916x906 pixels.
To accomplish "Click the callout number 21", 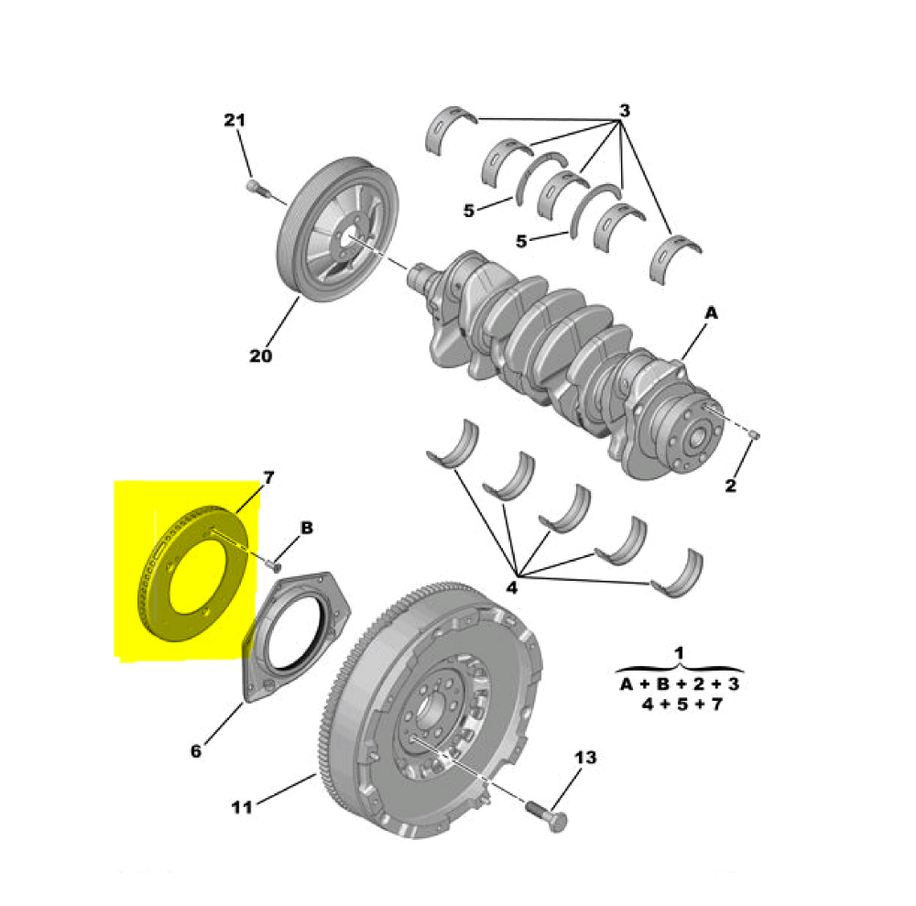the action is pyautogui.click(x=234, y=120).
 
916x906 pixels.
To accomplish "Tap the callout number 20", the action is pyautogui.click(x=260, y=355).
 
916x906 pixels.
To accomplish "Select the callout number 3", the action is pyautogui.click(x=625, y=111).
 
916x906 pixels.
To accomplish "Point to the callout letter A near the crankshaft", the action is pyautogui.click(x=711, y=313).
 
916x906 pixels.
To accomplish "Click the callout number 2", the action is pyautogui.click(x=730, y=486).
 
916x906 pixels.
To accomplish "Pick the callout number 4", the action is pyautogui.click(x=512, y=587).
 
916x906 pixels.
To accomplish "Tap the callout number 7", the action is pyautogui.click(x=268, y=478).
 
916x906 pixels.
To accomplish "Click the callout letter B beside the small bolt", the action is pyautogui.click(x=307, y=528).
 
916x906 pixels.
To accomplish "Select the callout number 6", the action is pyautogui.click(x=196, y=751).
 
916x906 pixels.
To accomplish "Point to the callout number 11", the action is pyautogui.click(x=242, y=807).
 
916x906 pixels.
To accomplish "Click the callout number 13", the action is pyautogui.click(x=585, y=758).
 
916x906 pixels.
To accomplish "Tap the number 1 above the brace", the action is pyautogui.click(x=679, y=652).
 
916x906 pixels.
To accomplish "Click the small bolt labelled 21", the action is pyautogui.click(x=256, y=188).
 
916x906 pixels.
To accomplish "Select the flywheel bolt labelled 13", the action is pyautogui.click(x=546, y=816).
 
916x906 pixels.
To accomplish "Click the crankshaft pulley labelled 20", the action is pyautogui.click(x=338, y=230).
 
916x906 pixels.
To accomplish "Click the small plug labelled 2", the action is pyautogui.click(x=754, y=434).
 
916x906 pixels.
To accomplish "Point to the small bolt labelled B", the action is pyautogui.click(x=272, y=565).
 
